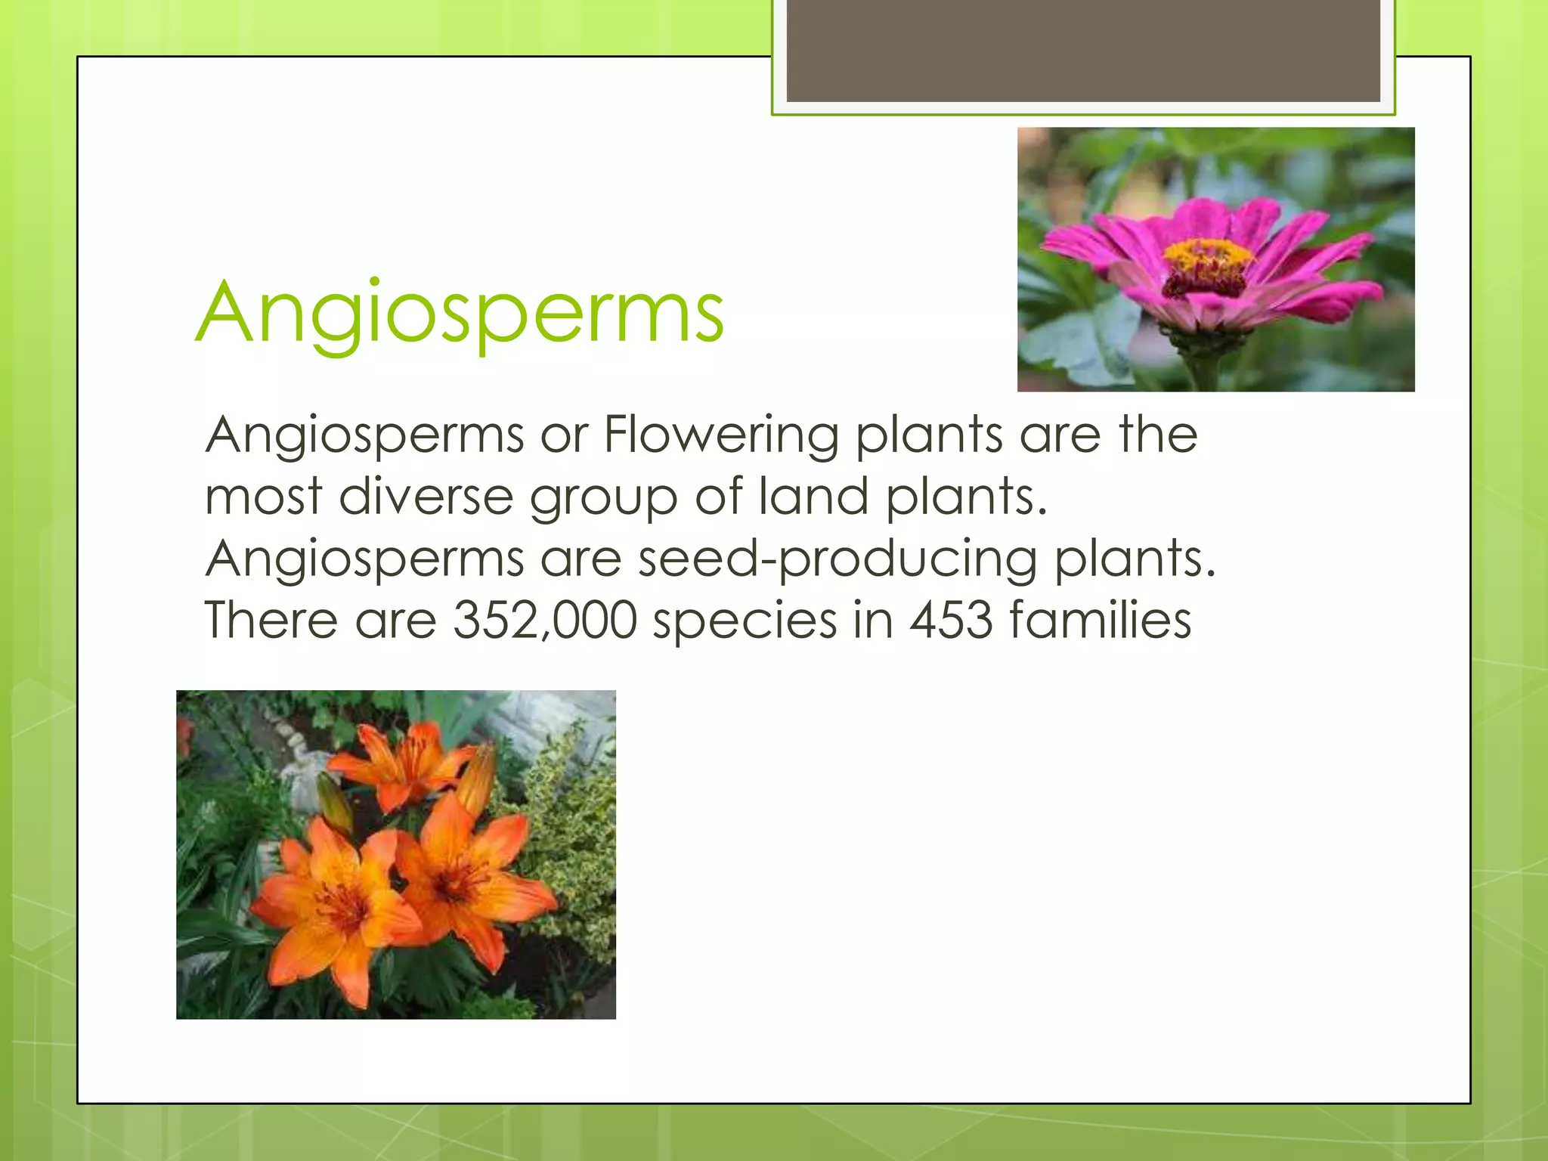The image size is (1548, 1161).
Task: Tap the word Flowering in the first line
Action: (721, 435)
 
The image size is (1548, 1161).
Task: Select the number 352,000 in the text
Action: (545, 621)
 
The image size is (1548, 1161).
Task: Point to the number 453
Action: (951, 621)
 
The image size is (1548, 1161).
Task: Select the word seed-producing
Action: (837, 560)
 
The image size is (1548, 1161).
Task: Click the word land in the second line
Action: (813, 497)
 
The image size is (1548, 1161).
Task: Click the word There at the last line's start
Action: (271, 621)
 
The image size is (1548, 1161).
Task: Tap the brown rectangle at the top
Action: (1083, 50)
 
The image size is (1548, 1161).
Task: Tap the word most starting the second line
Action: (264, 497)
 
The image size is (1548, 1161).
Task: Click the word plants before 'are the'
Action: (929, 437)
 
